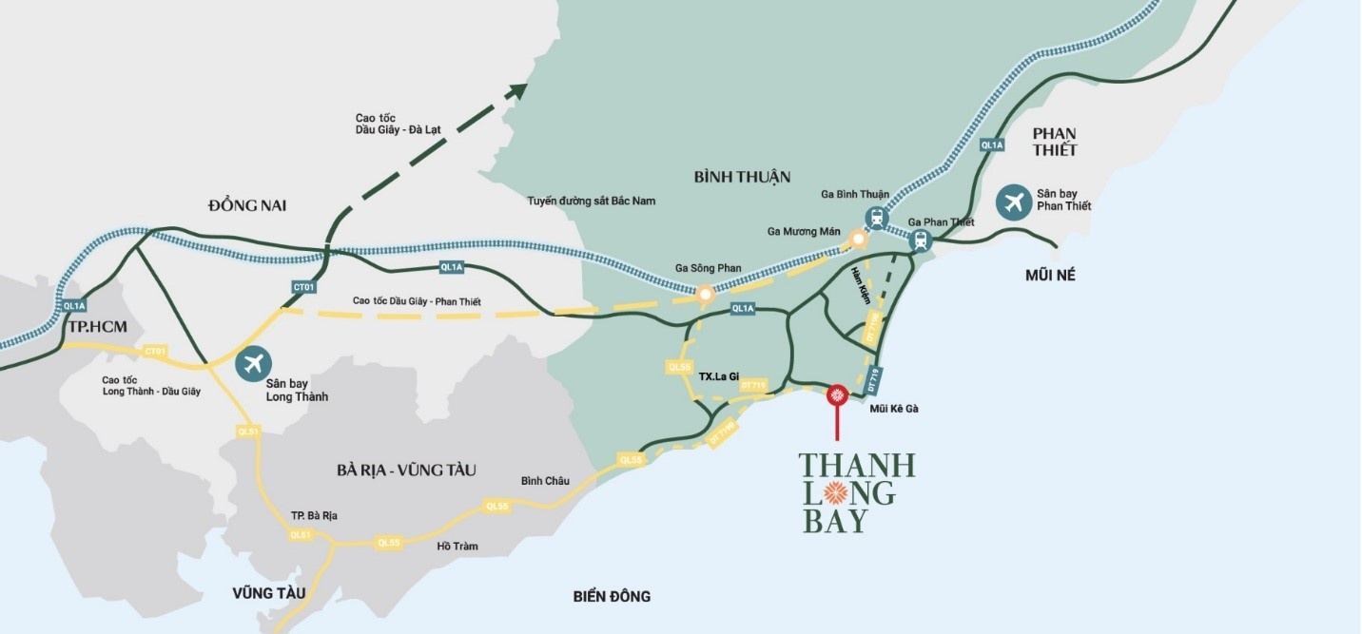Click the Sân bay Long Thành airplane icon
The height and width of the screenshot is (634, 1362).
coord(252,362)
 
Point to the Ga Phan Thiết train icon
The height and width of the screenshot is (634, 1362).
coord(919,240)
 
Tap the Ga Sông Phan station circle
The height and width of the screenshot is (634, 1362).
coord(705,295)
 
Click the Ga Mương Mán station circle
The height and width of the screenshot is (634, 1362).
coord(859,240)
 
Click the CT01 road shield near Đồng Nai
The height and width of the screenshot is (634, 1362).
coord(303,286)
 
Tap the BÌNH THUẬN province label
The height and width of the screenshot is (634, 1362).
coord(742,177)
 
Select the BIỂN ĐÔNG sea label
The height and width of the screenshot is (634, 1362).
coord(612,596)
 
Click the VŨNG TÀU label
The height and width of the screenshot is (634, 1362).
coord(269,593)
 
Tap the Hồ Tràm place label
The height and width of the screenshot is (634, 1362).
coord(457,547)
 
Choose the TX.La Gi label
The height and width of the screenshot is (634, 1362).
coord(720,375)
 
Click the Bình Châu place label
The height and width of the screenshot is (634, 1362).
coord(545,481)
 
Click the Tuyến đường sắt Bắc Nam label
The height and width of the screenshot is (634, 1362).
coord(591,201)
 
